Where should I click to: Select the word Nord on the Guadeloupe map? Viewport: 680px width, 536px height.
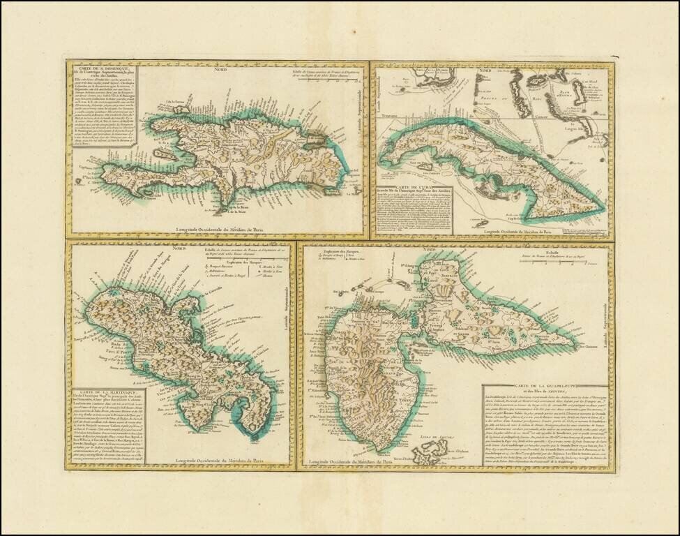429,249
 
